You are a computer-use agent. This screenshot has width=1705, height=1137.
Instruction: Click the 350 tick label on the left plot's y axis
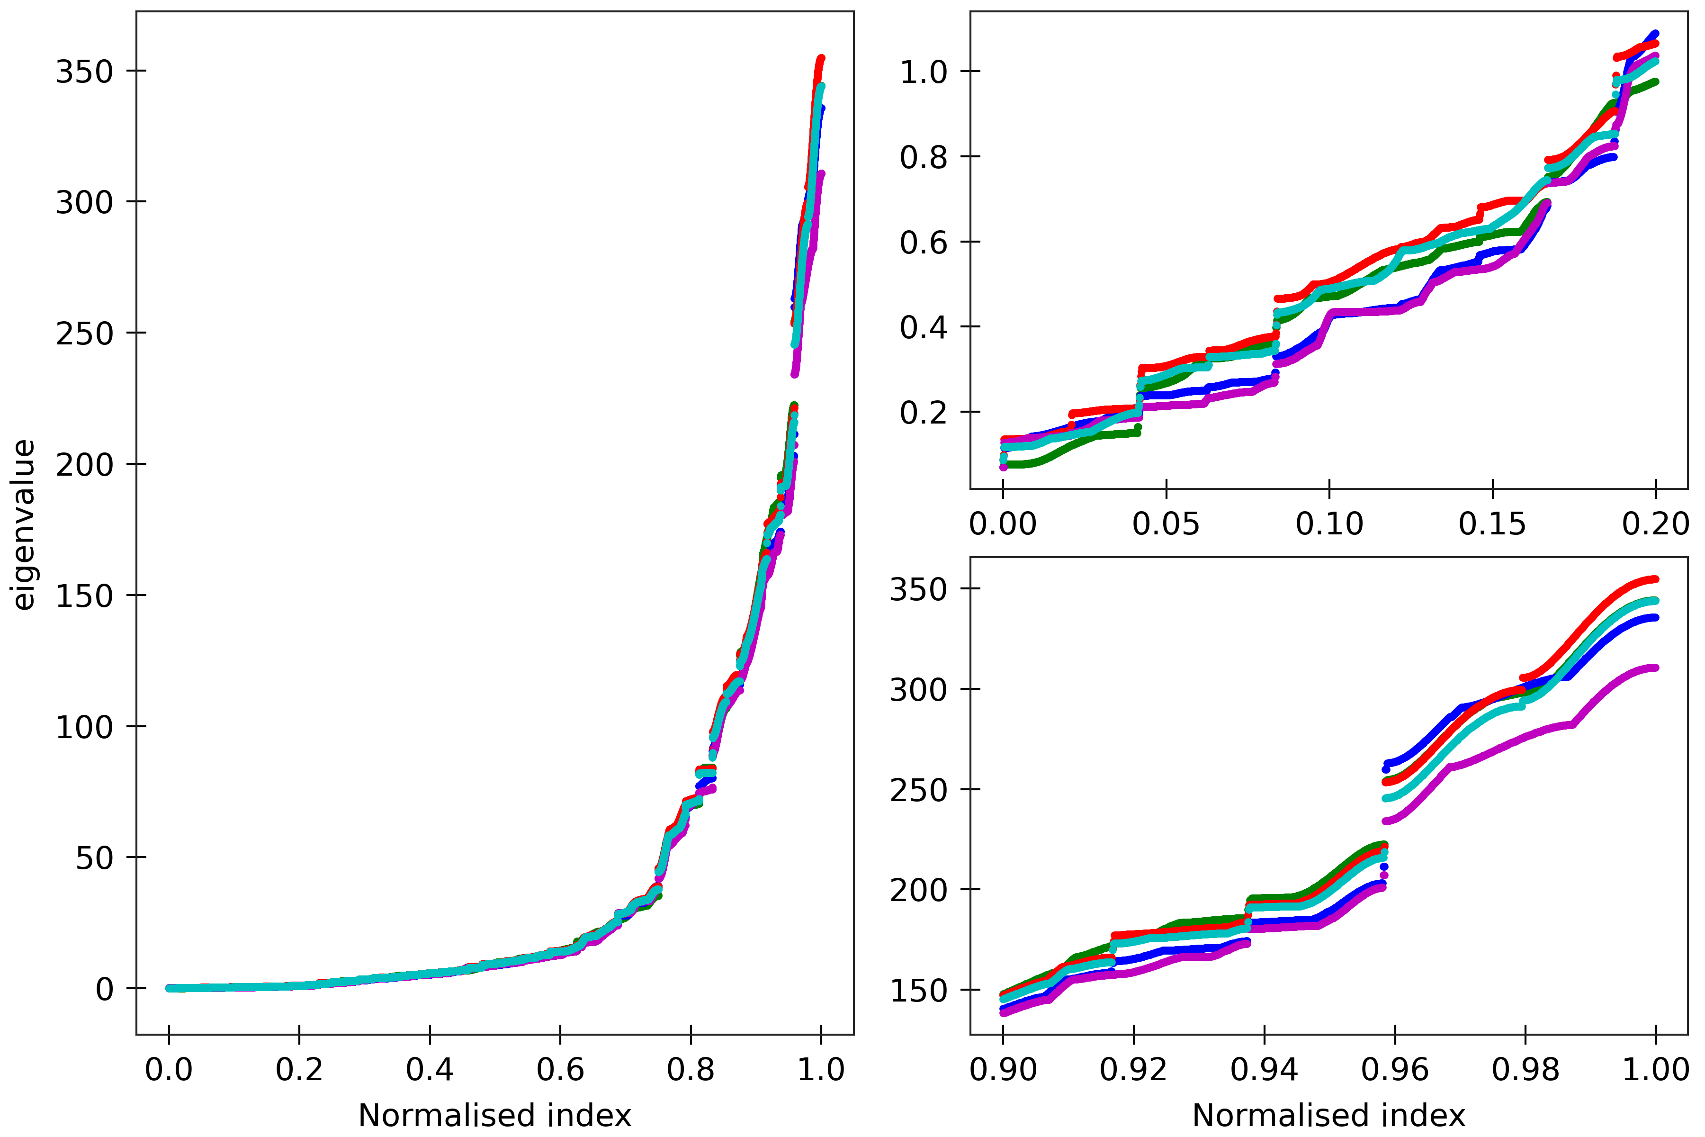coord(84,72)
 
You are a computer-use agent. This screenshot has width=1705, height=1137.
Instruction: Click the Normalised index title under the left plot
coord(494,1115)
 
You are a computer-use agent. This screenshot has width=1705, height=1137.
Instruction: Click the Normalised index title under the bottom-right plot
coord(1329,1115)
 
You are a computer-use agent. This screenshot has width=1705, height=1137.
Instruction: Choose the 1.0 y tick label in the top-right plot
coord(923,72)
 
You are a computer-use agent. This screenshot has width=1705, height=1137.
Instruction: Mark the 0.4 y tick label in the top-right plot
coord(923,328)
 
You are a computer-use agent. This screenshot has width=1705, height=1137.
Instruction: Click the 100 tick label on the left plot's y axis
coord(84,727)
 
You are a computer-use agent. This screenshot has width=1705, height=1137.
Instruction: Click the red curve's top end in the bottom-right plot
coord(1654,578)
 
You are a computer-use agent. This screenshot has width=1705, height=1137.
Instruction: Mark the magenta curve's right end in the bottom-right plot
coord(1654,667)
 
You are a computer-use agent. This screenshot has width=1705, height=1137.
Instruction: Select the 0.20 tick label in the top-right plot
coord(1655,523)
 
